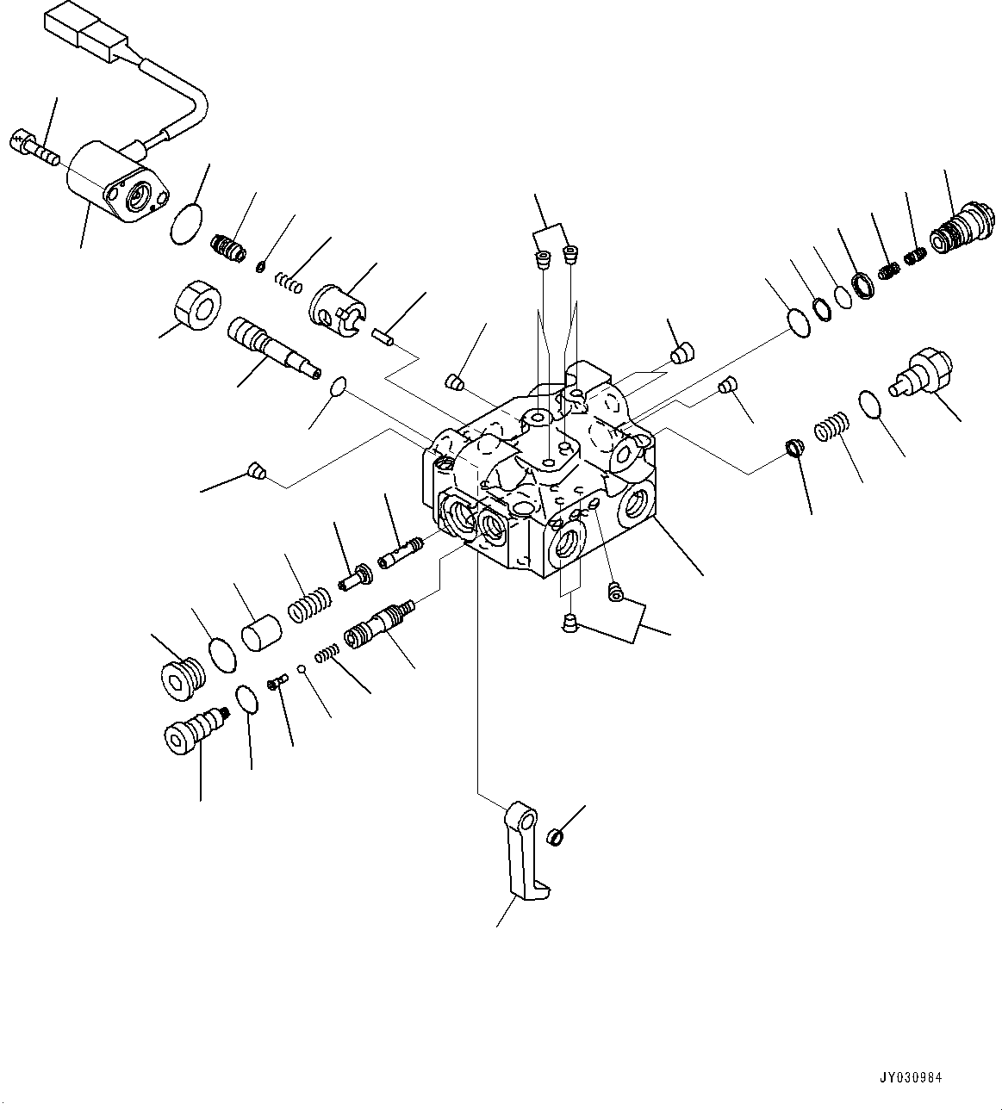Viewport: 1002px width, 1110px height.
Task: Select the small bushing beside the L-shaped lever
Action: (557, 835)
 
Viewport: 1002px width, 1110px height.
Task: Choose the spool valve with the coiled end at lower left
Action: (379, 624)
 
